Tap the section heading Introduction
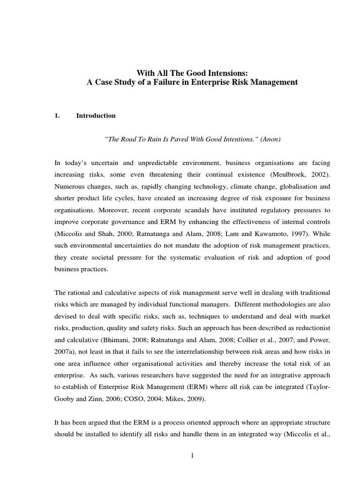96,116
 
